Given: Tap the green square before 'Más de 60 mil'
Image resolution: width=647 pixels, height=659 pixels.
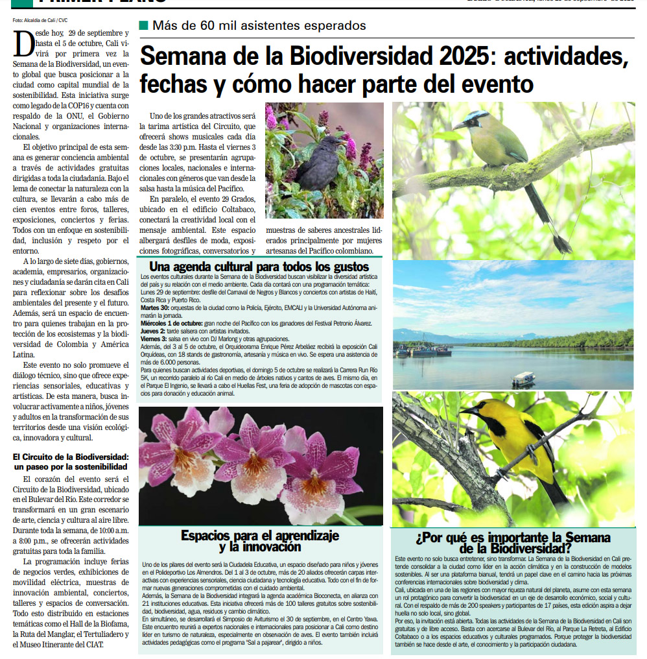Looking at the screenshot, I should pyautogui.click(x=143, y=26).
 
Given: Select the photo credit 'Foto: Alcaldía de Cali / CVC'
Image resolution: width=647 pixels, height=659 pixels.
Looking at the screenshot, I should pyautogui.click(x=40, y=20).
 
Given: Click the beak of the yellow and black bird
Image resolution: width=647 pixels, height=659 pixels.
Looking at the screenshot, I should pyautogui.click(x=463, y=411).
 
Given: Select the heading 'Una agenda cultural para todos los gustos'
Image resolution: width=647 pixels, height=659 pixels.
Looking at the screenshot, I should pyautogui.click(x=259, y=267).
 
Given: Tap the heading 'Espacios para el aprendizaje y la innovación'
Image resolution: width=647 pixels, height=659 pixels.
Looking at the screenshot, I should pyautogui.click(x=260, y=540).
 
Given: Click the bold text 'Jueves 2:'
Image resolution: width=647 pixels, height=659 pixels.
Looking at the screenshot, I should pyautogui.click(x=152, y=331).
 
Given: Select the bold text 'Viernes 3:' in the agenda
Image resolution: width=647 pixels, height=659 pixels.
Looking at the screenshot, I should pyautogui.click(x=154, y=339).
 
